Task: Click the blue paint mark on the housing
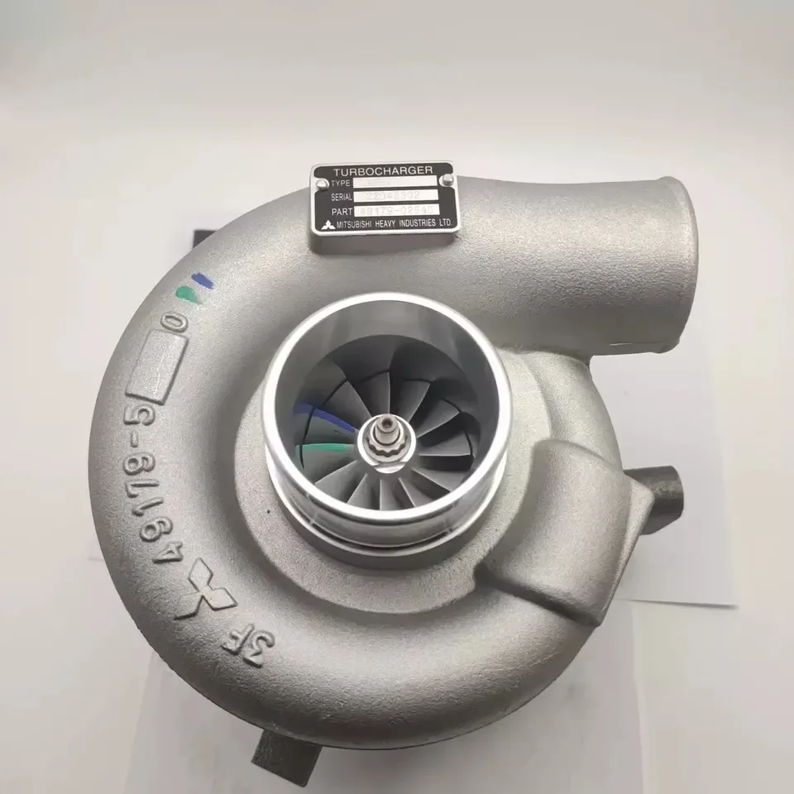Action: click(x=202, y=282)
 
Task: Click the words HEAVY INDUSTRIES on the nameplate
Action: click(x=405, y=225)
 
